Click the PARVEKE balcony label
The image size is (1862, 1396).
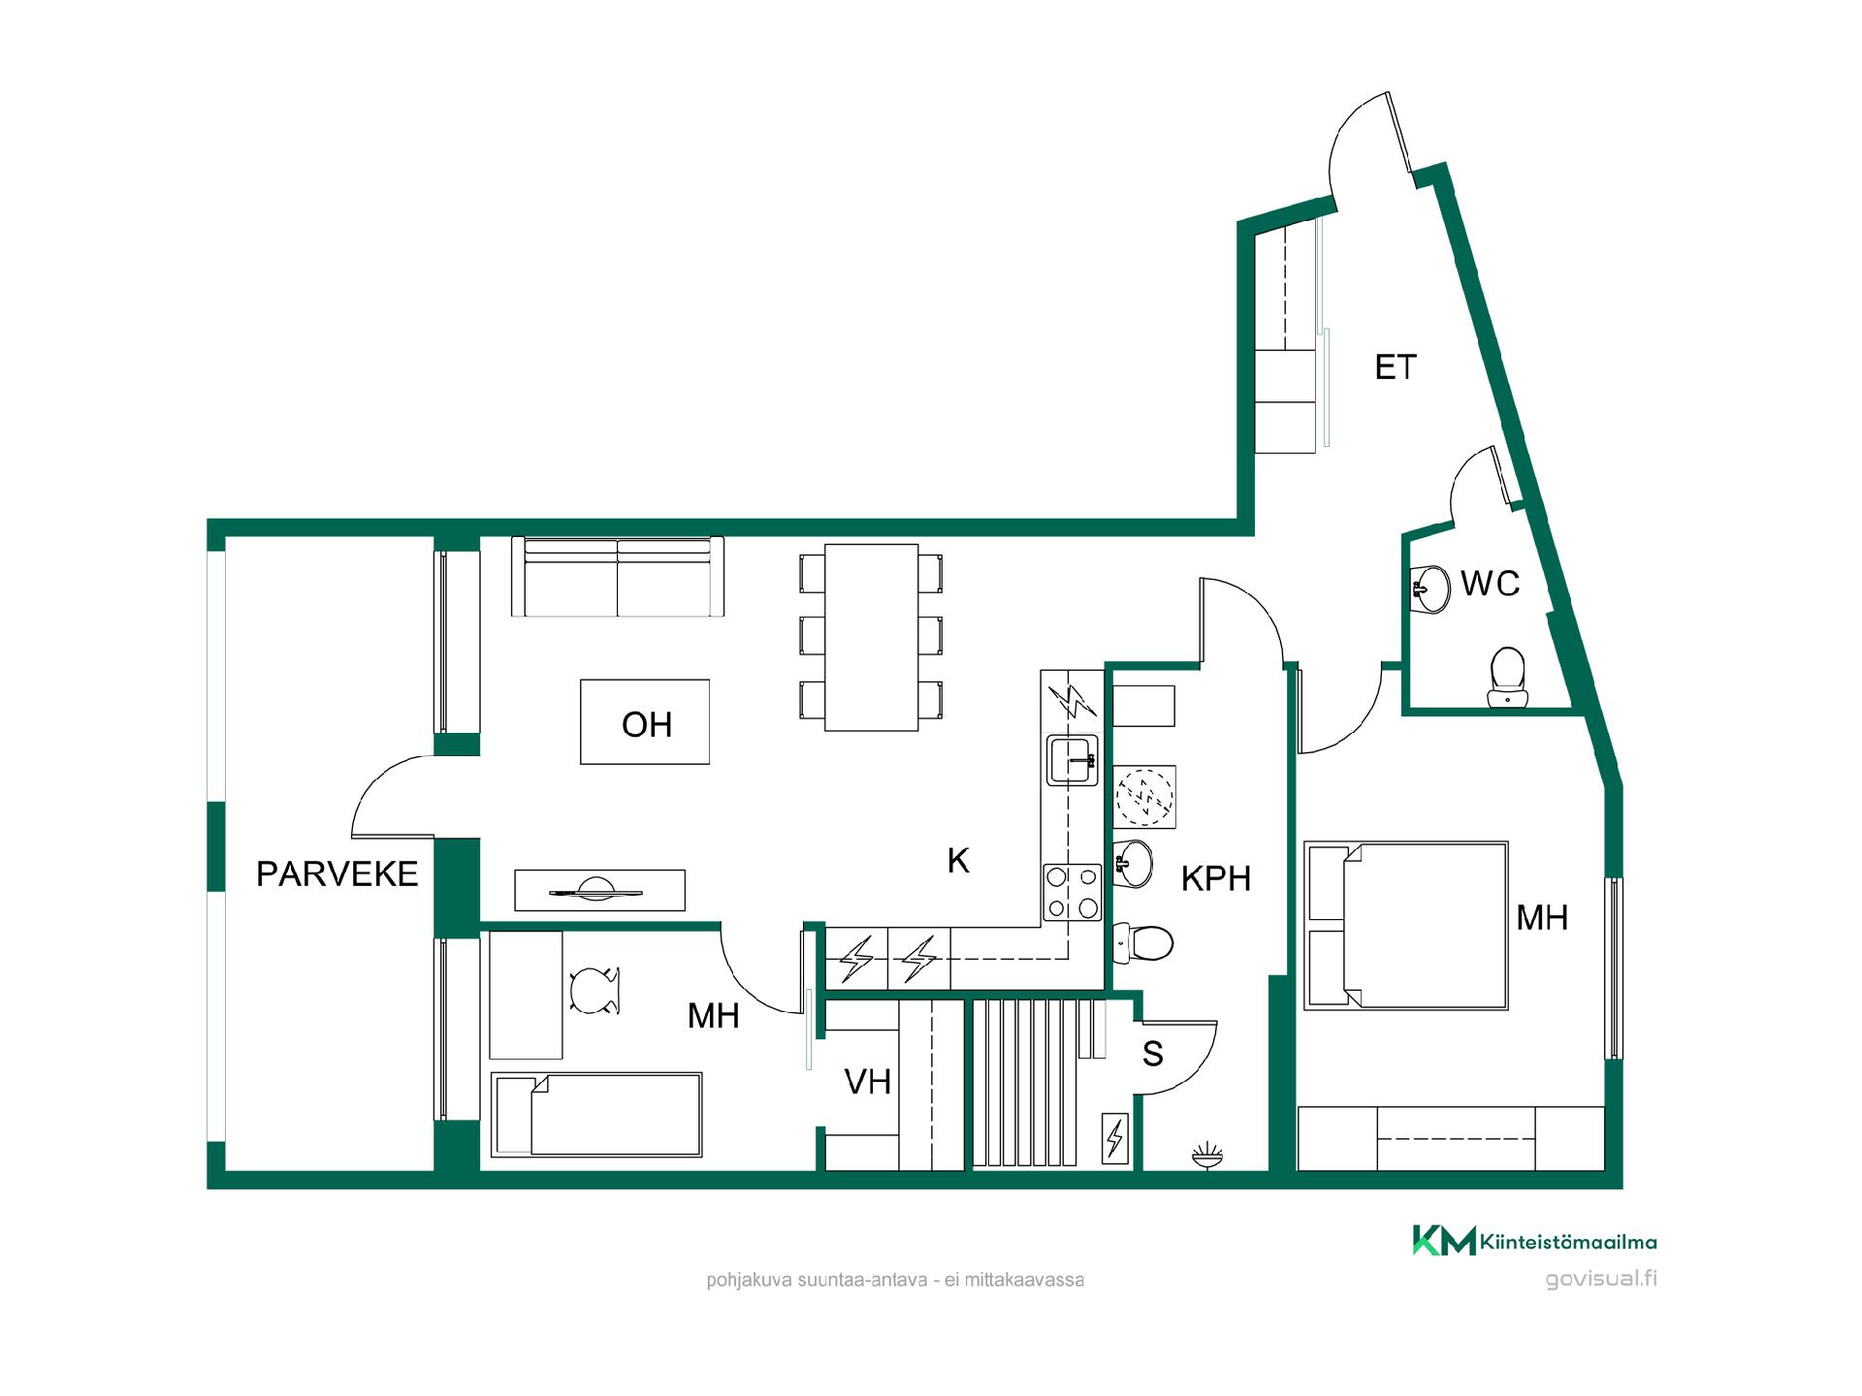[337, 873]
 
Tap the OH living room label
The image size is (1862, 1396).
[647, 724]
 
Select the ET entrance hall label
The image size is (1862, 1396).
[1396, 366]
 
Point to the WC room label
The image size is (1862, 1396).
[1490, 584]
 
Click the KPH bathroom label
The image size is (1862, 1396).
[1216, 878]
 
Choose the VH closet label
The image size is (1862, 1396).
[868, 1082]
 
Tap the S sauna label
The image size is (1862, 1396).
[1153, 1054]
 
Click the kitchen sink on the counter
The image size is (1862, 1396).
[1072, 759]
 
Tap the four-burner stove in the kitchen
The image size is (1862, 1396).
[1073, 892]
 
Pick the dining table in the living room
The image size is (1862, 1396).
[871, 637]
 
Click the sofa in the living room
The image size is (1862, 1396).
[618, 577]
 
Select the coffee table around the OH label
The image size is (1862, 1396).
[645, 722]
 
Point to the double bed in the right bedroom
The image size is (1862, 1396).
[1406, 925]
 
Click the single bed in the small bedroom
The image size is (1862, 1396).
[596, 1114]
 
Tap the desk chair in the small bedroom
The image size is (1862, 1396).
[594, 992]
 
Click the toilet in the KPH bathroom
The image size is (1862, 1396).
[1143, 941]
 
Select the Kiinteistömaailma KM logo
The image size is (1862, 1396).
[1534, 1241]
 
